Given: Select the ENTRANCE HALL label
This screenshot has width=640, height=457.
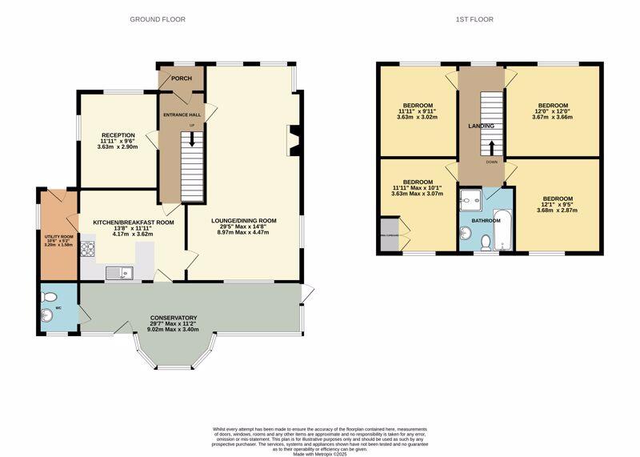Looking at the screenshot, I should pos(181,115).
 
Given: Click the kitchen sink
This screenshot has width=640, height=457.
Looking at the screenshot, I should pos(122,274).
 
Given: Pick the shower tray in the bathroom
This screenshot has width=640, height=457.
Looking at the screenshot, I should pos(470,198).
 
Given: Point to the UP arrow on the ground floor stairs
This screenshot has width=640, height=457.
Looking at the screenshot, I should pos(191,136).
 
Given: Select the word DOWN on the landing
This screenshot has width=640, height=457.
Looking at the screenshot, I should pos(490,162).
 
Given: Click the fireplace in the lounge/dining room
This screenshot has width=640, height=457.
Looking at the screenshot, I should pos(294,138).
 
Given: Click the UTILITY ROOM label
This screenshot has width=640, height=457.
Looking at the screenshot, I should pos(58,238).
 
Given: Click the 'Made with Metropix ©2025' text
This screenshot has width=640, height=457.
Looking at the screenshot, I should pos(320,454).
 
